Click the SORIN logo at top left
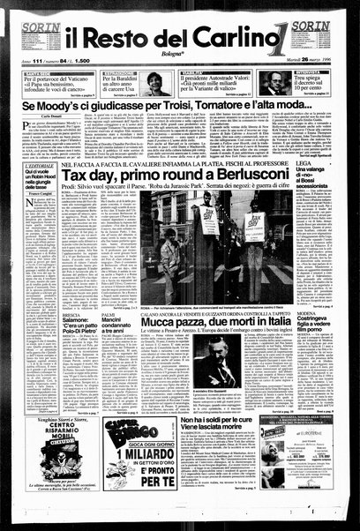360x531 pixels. [x=41, y=28]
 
